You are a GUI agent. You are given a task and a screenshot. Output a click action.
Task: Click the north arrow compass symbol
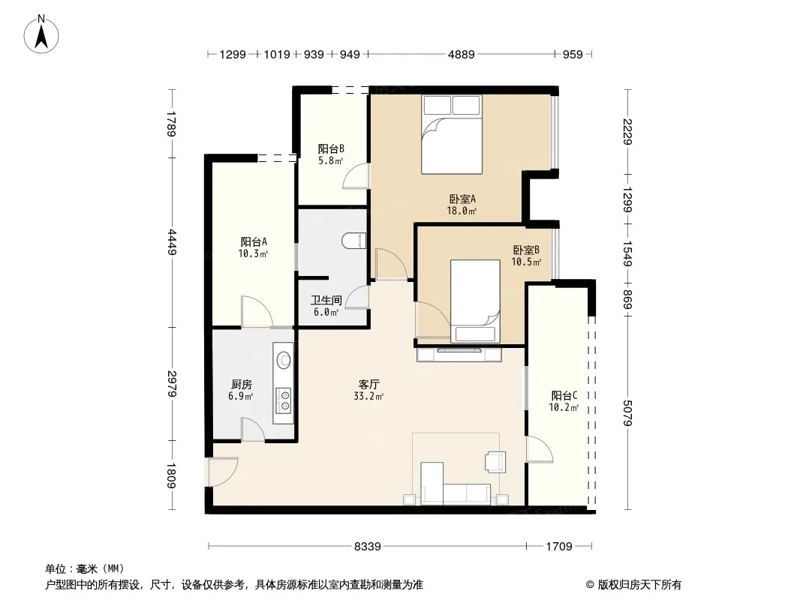[x=41, y=34]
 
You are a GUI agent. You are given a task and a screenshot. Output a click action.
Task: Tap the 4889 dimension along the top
[x=462, y=55]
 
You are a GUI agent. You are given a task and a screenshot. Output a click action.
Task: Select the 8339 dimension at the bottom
[x=367, y=547]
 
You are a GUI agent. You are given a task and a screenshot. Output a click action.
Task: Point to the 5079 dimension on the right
[x=627, y=413]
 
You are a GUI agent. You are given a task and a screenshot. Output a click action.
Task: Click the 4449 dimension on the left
[x=173, y=243]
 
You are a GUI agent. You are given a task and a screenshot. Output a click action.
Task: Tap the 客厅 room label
[x=368, y=384]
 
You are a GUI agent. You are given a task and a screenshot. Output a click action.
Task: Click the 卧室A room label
[x=462, y=199]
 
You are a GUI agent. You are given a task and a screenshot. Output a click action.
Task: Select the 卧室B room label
[x=526, y=250]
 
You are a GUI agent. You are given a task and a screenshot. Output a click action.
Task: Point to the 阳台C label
[x=564, y=395]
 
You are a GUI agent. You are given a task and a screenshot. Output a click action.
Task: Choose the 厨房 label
[x=241, y=384]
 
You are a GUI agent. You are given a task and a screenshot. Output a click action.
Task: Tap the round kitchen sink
[x=284, y=360]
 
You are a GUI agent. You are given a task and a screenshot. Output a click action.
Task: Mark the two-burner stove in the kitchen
[x=283, y=400]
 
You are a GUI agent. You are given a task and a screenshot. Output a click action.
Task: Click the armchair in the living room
[x=495, y=462]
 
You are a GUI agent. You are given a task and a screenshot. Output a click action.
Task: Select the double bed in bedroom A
[x=452, y=134]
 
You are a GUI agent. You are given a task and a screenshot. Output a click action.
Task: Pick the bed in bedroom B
[x=475, y=301]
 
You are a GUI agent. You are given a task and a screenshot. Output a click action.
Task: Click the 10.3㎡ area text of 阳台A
[x=253, y=253]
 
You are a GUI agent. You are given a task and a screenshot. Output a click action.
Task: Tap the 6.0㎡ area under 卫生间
[x=326, y=313]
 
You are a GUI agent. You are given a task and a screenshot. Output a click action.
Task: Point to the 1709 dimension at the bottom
[x=558, y=547]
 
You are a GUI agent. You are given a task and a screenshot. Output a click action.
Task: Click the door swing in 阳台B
[x=356, y=176]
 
